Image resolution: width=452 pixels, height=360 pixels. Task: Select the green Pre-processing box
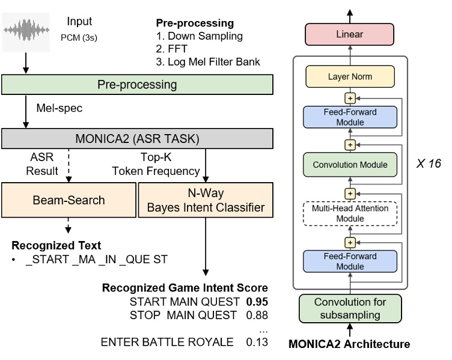(x=137, y=85)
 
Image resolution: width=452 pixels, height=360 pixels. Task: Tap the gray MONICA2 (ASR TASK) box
(x=137, y=139)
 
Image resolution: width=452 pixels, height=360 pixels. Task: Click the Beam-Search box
(x=68, y=200)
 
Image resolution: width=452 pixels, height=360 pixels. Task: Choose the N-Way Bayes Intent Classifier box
(x=205, y=200)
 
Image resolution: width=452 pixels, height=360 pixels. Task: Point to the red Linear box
(x=349, y=35)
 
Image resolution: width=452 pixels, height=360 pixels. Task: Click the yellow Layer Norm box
(x=349, y=77)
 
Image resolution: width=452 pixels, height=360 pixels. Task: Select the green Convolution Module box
(x=349, y=163)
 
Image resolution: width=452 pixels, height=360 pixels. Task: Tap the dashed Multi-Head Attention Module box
(x=349, y=213)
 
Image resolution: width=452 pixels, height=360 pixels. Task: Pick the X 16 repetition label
(x=429, y=163)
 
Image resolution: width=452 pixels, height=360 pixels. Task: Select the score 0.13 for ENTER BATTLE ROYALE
(x=257, y=343)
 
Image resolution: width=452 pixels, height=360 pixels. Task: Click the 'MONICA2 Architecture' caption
(x=349, y=344)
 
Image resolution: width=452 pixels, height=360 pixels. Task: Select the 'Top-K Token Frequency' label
(x=156, y=165)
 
